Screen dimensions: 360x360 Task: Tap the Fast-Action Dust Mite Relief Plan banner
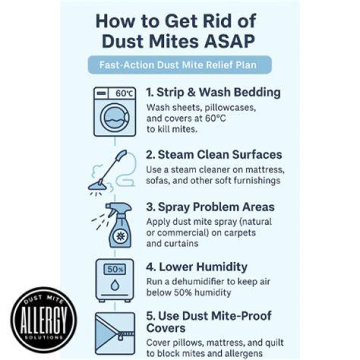(180, 65)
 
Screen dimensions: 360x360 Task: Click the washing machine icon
(114, 111)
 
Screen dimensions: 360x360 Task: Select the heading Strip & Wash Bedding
(213, 92)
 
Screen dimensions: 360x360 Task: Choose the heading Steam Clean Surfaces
(214, 154)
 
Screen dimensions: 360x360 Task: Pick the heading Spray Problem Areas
(210, 207)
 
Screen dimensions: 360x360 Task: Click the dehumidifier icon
(114, 280)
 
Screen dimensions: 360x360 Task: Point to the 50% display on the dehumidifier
(115, 269)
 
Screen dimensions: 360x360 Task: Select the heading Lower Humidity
(197, 267)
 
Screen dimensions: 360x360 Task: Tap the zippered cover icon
(115, 333)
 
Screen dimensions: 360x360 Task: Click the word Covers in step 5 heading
(166, 328)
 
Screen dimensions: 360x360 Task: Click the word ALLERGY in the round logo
(43, 320)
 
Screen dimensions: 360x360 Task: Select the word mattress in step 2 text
(265, 170)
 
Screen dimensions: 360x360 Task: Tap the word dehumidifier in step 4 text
(197, 281)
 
